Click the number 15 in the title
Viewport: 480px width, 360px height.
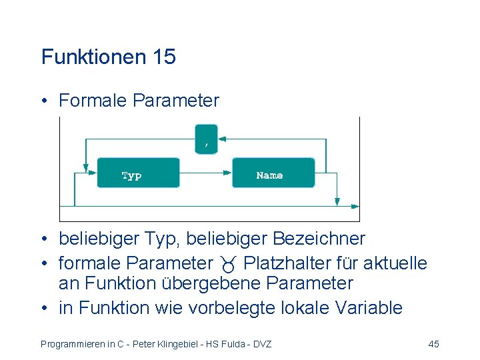[x=164, y=57]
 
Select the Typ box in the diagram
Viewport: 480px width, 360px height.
[x=139, y=173]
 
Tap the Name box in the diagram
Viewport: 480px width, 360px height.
[x=273, y=173]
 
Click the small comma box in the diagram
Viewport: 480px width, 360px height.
[x=207, y=139]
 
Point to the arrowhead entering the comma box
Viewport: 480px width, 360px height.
[x=223, y=139]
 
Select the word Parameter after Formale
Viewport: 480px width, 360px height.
[x=176, y=101]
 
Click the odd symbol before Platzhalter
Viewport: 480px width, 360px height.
[x=230, y=265]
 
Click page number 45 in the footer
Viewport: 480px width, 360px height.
[x=433, y=344]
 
